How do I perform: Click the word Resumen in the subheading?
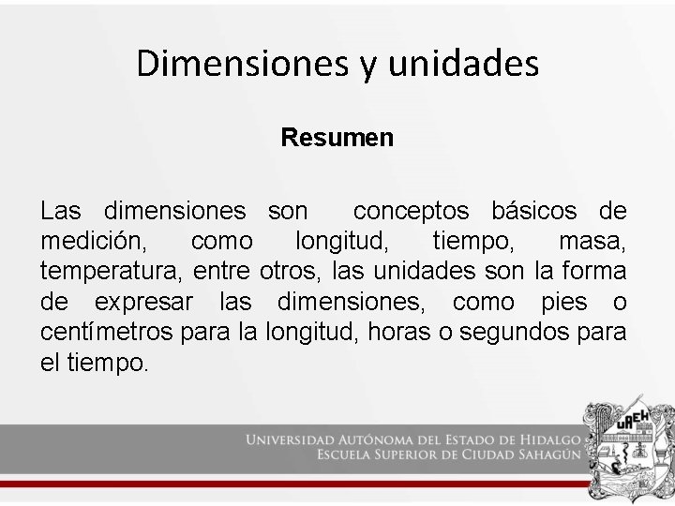point(337,138)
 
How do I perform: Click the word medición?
point(93,242)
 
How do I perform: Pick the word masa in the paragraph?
point(592,242)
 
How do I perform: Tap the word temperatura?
point(112,273)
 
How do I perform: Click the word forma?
point(593,273)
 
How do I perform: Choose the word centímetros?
point(110,333)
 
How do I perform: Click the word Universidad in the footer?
point(296,439)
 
